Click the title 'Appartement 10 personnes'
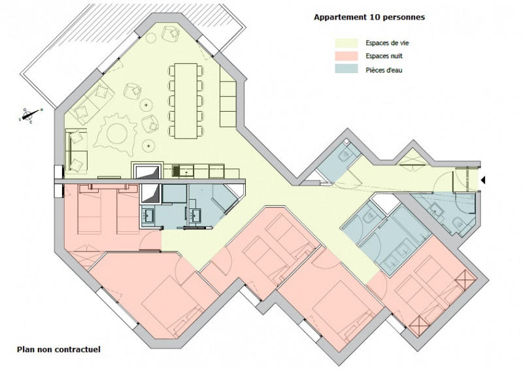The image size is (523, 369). point(369,17)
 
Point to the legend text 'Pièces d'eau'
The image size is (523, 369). point(384,69)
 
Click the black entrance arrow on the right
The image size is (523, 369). point(484,179)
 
